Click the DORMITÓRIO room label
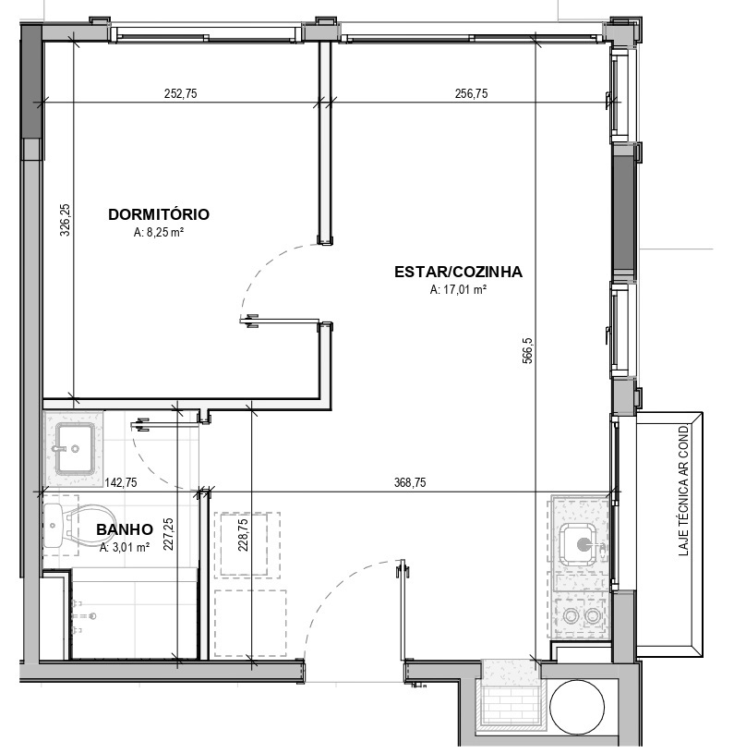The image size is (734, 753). click(159, 214)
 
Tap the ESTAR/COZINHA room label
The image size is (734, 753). click(458, 272)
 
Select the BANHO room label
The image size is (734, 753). click(125, 529)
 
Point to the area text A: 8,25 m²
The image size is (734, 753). click(159, 233)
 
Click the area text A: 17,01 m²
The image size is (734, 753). click(458, 289)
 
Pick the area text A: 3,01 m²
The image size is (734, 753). click(125, 547)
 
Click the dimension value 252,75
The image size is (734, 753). click(180, 93)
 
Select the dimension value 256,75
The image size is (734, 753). click(471, 93)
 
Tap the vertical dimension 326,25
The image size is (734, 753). click(66, 220)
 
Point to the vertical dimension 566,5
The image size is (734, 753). click(527, 351)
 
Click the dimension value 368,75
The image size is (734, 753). click(410, 482)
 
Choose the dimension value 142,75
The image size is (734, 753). click(121, 482)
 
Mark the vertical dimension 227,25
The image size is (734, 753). click(168, 534)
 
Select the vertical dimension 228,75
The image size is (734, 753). click(243, 535)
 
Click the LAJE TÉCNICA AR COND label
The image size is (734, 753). click(683, 491)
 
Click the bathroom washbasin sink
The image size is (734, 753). click(75, 447)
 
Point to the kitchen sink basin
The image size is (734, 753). click(581, 544)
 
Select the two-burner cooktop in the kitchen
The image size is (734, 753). click(581, 615)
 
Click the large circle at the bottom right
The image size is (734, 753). click(577, 708)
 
